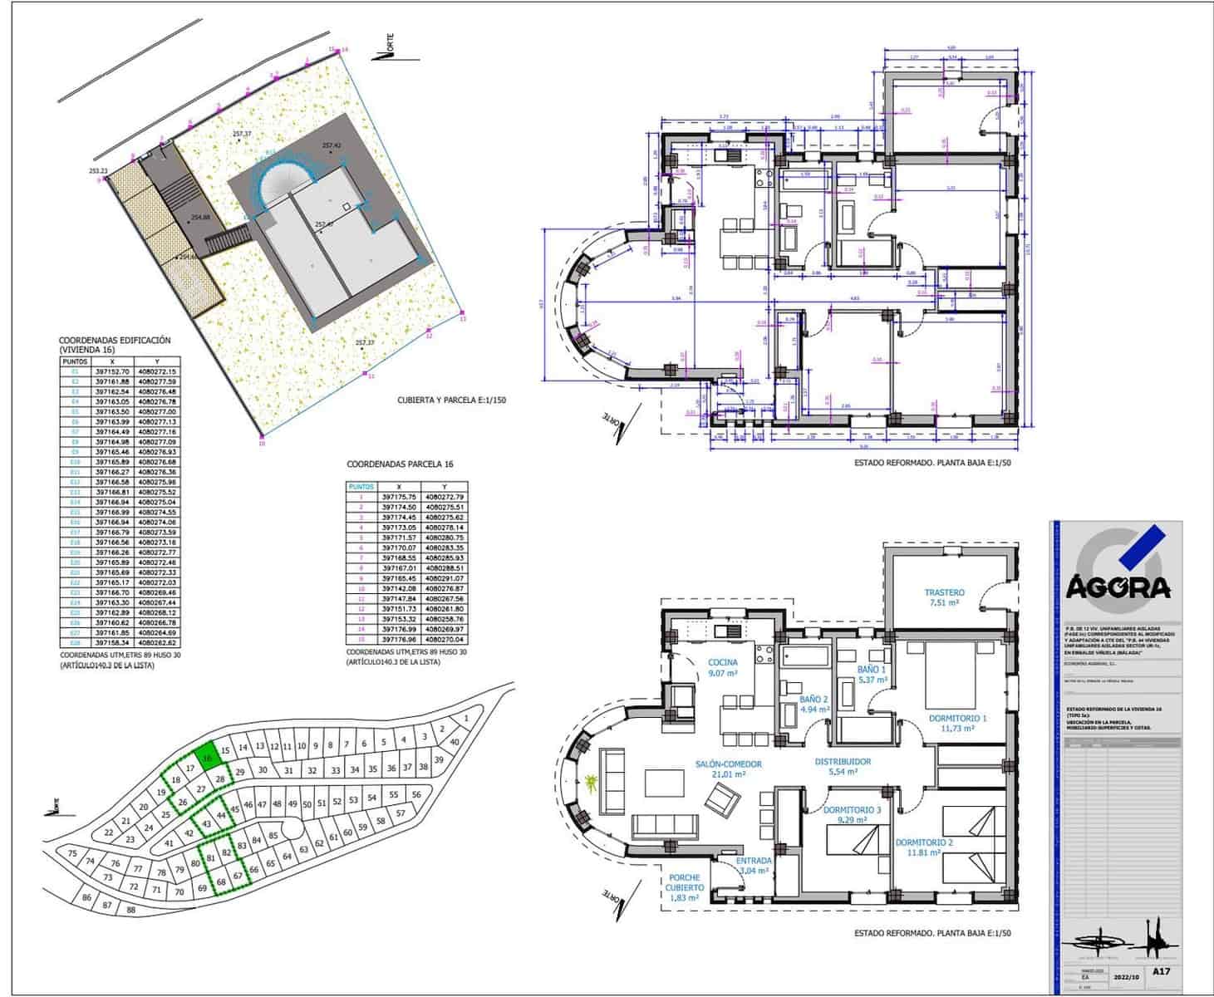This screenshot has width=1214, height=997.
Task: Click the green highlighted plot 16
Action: (208, 757)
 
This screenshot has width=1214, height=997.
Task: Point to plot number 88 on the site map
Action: (130, 909)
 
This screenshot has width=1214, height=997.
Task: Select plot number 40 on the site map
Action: (454, 742)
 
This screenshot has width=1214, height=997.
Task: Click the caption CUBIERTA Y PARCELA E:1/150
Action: (451, 400)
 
